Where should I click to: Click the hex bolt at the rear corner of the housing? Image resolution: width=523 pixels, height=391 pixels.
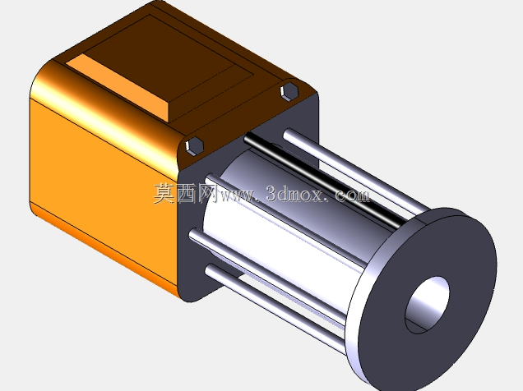[289, 91]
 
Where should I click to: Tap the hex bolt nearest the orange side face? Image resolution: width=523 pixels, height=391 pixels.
[194, 146]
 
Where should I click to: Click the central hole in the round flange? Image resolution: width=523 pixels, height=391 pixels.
[427, 305]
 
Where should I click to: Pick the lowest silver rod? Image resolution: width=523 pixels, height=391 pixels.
[275, 308]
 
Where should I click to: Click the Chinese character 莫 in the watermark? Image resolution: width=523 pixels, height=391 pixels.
[164, 193]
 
